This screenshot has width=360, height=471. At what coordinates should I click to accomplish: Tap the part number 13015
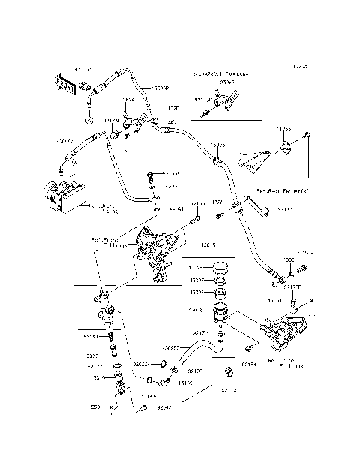coord(208,244)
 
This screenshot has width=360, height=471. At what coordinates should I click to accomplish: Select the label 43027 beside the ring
coord(196,280)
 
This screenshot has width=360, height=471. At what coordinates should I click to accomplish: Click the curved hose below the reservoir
coord(200,352)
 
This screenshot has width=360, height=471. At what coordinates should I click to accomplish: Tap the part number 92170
coord(195,370)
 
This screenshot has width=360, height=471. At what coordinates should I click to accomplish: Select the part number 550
coord(95,408)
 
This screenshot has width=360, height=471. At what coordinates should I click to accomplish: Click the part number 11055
coord(282,130)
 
